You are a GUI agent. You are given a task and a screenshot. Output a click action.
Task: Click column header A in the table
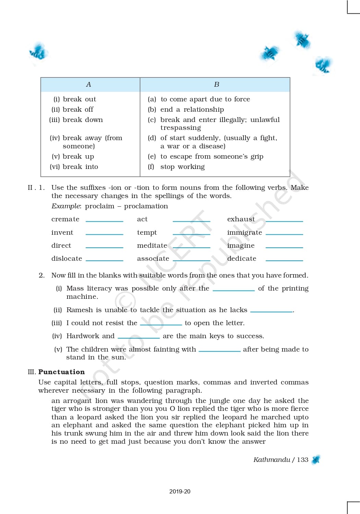point(88,85)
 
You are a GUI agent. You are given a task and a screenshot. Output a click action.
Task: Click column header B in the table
point(216,85)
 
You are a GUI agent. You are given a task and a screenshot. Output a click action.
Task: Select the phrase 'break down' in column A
point(83,120)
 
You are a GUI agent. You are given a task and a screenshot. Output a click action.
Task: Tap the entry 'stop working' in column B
point(182,167)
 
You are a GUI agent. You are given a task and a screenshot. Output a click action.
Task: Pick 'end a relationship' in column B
point(192,109)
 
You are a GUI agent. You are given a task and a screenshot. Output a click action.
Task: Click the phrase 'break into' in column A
point(80,167)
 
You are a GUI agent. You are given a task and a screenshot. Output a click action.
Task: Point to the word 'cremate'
point(65,219)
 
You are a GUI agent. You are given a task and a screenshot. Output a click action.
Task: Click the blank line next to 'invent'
point(104,234)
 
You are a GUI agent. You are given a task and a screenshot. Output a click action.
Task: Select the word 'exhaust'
point(241,219)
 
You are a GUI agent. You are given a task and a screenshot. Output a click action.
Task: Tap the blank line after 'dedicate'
point(284,260)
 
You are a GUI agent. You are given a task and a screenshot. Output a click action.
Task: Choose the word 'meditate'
point(152,245)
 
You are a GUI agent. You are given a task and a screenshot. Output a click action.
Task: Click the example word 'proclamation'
point(146,206)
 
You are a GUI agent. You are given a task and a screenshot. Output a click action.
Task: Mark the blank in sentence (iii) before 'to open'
point(161,324)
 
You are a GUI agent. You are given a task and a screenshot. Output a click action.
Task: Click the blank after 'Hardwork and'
point(139,338)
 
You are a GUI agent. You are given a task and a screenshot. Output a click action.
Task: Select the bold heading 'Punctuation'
point(61,372)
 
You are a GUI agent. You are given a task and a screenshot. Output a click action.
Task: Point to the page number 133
point(302,460)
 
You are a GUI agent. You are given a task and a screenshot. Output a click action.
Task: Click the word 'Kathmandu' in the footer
point(272,460)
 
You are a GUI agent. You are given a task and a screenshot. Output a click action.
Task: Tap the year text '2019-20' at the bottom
point(180,491)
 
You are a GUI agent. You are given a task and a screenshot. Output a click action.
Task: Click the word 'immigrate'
point(244,232)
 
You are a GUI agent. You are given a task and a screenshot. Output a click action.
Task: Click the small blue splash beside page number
point(316,460)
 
